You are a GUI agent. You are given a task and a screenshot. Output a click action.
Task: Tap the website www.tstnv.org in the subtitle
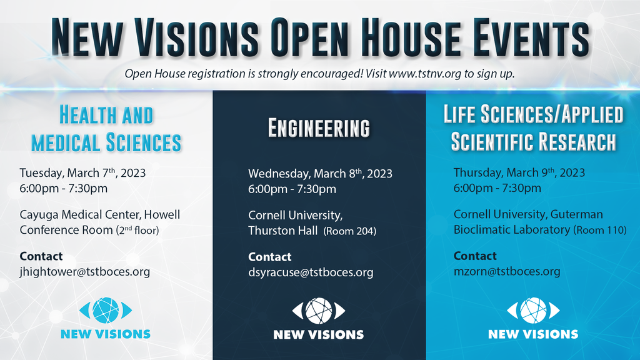point(425,74)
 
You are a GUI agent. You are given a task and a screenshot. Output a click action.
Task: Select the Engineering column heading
point(319,128)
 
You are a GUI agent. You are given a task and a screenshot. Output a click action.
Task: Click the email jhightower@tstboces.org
point(85,272)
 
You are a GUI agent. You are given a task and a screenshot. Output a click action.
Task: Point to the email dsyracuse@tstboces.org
point(311,272)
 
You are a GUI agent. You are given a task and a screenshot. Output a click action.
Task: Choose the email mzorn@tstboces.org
point(506,271)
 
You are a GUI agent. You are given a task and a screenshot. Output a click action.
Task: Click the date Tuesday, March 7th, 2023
point(82,173)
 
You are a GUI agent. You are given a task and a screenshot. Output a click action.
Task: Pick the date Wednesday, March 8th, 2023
point(320,174)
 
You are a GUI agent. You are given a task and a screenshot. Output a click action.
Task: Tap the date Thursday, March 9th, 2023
point(519,173)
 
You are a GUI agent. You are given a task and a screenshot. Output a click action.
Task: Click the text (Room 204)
point(350,231)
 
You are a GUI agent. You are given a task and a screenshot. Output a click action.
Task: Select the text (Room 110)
point(599,230)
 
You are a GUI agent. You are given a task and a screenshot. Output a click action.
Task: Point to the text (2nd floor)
point(137,230)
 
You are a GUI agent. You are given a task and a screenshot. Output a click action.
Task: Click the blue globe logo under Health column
point(106,311)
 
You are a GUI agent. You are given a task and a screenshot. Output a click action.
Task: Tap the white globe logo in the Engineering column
point(319,311)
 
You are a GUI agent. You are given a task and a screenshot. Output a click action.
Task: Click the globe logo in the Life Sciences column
point(533,311)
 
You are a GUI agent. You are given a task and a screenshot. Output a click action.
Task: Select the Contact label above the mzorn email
point(475,256)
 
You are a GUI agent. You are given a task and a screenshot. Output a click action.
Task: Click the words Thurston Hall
point(283,231)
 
